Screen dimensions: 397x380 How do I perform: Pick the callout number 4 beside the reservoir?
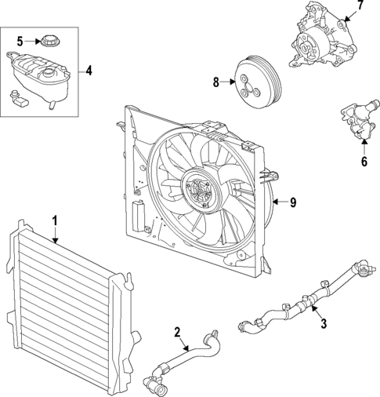(x=89, y=71)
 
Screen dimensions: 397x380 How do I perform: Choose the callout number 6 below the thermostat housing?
(x=363, y=163)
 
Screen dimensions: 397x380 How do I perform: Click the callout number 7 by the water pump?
(x=360, y=6)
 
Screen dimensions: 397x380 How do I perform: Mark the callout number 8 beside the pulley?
(x=215, y=80)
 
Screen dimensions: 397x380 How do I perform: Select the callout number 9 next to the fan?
(x=292, y=202)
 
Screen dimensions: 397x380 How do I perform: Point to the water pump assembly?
(x=321, y=39)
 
